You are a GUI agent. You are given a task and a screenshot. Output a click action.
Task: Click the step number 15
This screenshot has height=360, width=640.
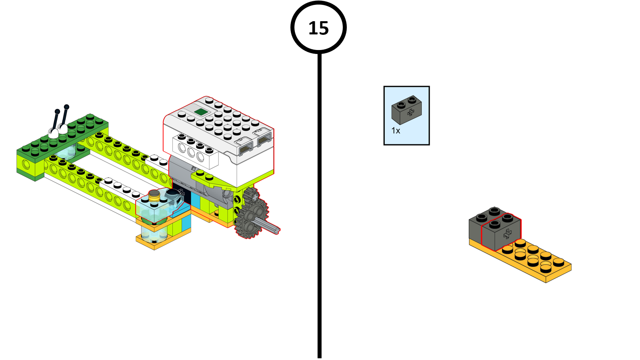click(318, 28)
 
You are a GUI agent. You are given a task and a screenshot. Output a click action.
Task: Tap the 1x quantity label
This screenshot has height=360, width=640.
click(396, 131)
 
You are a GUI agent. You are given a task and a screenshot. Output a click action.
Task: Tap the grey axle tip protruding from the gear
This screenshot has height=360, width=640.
click(276, 230)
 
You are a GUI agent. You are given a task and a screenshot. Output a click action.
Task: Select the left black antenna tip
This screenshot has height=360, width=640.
click(57, 112)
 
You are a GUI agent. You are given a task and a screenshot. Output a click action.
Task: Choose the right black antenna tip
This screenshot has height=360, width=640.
click(67, 107)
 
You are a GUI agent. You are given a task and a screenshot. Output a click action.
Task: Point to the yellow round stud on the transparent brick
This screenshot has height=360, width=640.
click(154, 195)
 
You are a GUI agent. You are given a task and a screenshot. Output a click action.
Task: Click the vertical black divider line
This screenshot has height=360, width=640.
click(319, 240)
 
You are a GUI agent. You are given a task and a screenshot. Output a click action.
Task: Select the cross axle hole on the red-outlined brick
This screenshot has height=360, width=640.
click(507, 234)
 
